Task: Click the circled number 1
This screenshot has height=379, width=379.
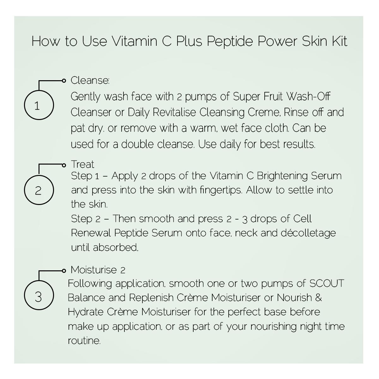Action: [39, 105]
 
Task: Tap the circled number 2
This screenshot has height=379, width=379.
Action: [39, 190]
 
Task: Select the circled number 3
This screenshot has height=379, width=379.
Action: [39, 295]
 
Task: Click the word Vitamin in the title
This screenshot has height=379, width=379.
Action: [135, 41]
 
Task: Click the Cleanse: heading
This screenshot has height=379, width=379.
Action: [90, 80]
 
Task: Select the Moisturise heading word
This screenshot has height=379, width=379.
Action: [94, 270]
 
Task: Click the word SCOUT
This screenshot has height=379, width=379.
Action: [327, 283]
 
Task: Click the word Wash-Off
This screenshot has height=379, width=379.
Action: [308, 96]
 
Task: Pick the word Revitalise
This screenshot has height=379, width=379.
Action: [174, 112]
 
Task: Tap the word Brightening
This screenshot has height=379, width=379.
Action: [282, 176]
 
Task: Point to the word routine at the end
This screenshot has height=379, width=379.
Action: [84, 341]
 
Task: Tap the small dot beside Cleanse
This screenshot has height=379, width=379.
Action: [64, 81]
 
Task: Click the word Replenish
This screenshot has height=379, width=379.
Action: [151, 298]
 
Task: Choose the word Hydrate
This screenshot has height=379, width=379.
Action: [86, 312]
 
